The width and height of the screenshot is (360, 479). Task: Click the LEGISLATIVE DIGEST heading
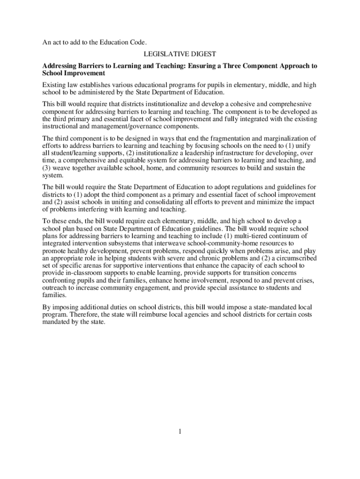coord(180,55)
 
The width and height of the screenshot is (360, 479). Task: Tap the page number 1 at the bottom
coord(180,431)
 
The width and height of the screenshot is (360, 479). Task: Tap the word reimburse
coord(161,315)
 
